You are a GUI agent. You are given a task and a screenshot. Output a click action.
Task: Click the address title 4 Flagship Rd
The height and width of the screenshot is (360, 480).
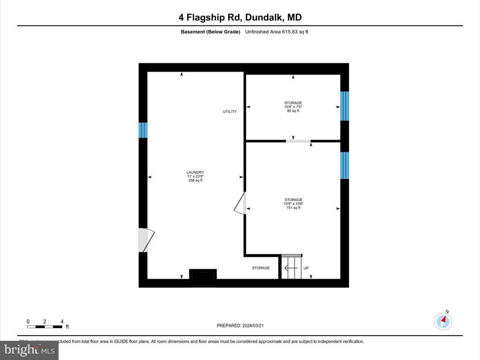(x=240, y=17)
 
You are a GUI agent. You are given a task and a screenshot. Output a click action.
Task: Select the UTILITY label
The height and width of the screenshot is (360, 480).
(x=230, y=112)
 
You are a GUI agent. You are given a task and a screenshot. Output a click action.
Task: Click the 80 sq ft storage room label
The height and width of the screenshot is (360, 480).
(x=293, y=107)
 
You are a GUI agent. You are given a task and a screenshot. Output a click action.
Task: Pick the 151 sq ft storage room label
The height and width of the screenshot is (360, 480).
(x=293, y=203)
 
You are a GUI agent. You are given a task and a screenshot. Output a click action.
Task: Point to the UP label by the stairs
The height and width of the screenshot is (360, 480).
(x=306, y=268)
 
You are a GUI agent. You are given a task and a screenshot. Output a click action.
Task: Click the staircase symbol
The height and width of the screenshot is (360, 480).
(x=291, y=267)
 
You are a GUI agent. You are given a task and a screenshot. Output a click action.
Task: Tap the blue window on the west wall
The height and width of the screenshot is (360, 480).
(x=143, y=130)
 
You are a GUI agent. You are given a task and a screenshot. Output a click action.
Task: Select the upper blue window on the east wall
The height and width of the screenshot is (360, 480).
(x=345, y=106)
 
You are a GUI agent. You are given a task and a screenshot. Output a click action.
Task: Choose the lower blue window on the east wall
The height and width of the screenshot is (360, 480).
(x=345, y=165)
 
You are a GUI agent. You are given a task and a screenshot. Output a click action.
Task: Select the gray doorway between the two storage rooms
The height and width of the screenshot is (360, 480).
(x=298, y=141)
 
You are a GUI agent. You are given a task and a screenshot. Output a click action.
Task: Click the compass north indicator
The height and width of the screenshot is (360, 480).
(x=443, y=321)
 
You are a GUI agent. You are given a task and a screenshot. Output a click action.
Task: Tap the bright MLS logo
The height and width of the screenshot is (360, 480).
(x=29, y=350)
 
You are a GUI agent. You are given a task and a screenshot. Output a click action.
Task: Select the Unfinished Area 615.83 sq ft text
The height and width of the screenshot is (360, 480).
(x=277, y=32)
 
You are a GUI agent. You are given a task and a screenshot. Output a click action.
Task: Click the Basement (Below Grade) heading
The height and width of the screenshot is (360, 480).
(x=210, y=32)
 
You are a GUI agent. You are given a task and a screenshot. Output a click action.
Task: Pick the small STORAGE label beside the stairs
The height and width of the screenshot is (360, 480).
(x=261, y=268)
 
